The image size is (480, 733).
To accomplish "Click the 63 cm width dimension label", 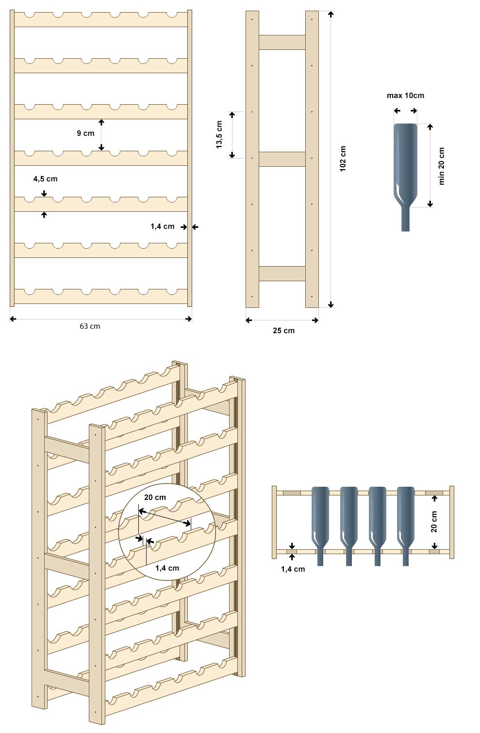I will click(90, 326).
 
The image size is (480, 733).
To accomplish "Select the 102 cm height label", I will click(343, 158).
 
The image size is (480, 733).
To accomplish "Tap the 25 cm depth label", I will click(283, 331).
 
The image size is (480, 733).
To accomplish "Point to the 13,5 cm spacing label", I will click(219, 134).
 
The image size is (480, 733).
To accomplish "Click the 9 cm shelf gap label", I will click(85, 133).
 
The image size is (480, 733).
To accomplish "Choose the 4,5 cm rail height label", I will click(45, 179).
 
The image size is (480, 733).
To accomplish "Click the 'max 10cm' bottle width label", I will click(405, 96).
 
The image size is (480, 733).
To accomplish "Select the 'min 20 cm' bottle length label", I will click(441, 166).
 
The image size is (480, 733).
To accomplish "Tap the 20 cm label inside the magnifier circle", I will click(155, 497).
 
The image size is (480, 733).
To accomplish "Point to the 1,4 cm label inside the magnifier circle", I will click(167, 568).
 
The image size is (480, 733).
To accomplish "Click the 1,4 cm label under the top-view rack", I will click(293, 569).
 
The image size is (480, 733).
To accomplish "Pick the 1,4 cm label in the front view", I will click(162, 226).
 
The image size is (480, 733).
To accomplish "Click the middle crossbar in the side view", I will click(282, 159).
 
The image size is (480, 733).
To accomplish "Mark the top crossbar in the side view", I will click(282, 42).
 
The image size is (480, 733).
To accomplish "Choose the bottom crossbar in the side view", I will click(282, 273).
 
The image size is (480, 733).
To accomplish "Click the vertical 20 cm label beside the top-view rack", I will click(434, 522).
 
